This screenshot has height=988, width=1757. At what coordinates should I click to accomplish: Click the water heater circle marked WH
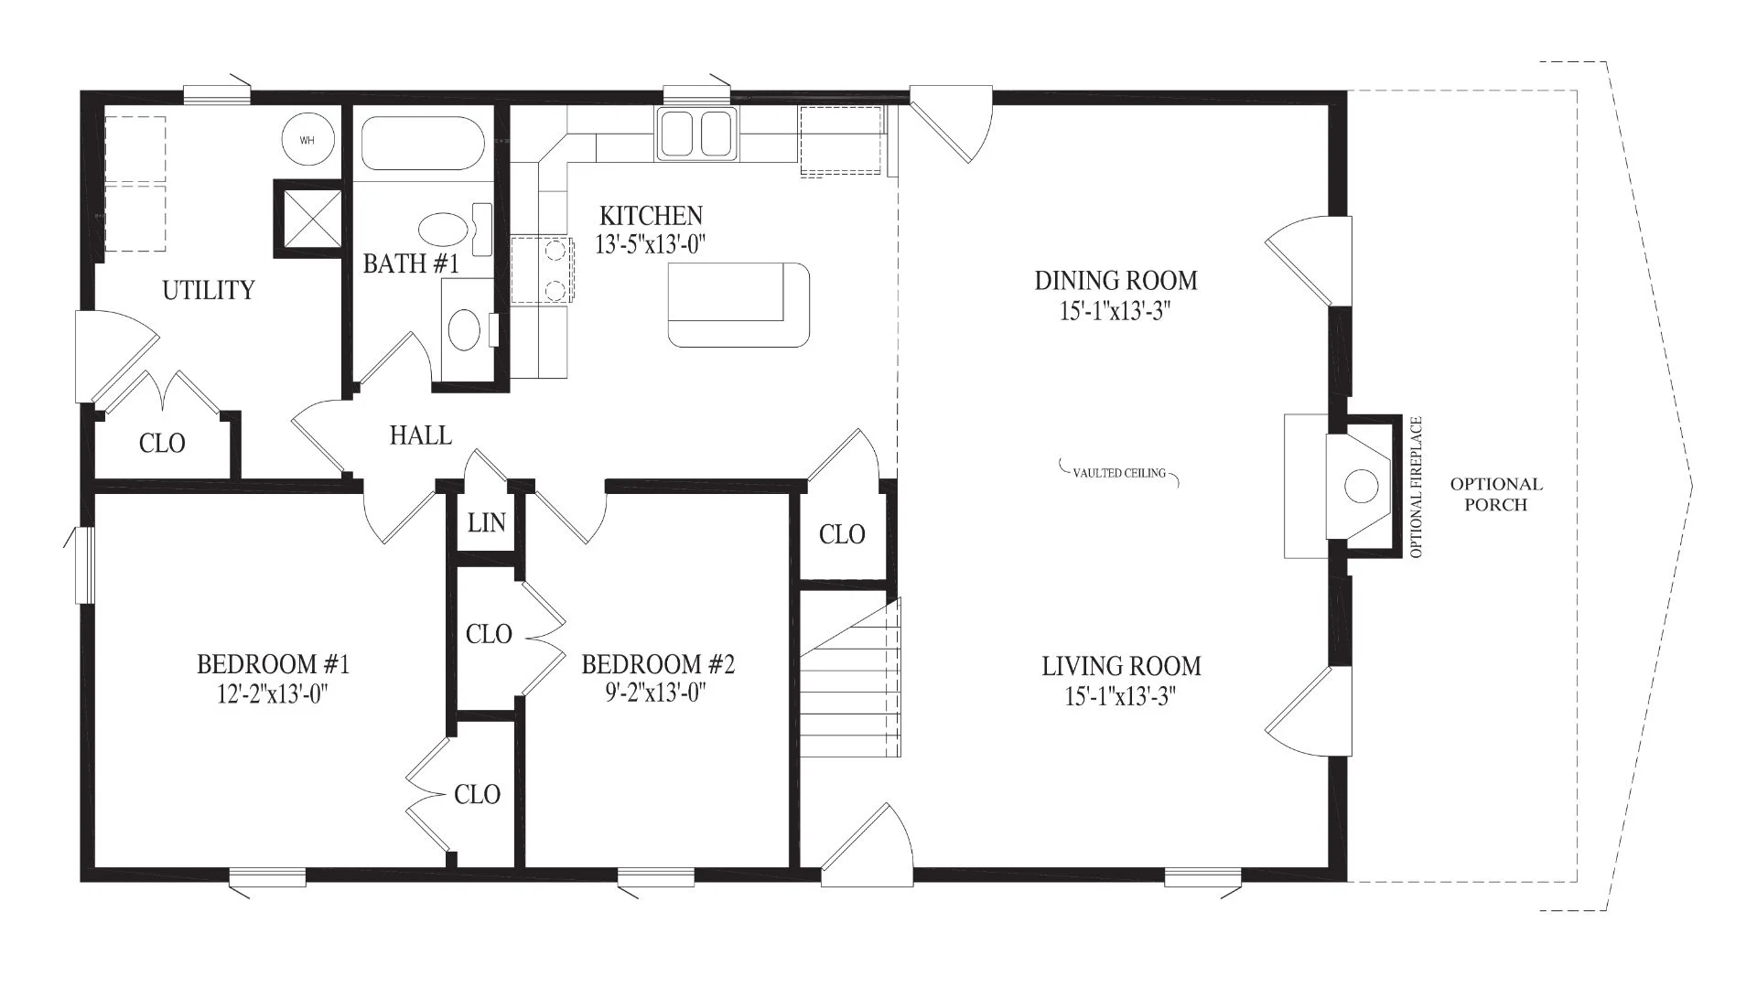coord(307,140)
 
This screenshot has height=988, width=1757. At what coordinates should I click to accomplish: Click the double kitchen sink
coord(696,134)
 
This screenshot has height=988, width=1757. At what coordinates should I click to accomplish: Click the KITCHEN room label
coord(651,216)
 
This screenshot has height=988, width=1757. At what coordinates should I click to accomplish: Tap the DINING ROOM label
coord(1116,280)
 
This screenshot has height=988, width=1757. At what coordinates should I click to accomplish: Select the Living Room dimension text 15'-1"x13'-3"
coord(1120,696)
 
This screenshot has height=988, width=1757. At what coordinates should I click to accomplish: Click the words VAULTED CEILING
coord(1119,473)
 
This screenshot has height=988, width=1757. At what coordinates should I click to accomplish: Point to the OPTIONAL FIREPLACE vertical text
coord(1417,488)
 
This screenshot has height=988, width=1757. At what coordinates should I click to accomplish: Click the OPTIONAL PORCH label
coord(1496,494)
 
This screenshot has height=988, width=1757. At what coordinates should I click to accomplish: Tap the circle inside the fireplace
coord(1362,486)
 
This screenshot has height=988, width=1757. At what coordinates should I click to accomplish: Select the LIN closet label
coord(486,522)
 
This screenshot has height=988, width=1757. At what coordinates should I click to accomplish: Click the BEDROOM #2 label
coord(658,664)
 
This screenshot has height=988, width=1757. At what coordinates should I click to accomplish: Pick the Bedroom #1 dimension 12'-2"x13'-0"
coord(273,694)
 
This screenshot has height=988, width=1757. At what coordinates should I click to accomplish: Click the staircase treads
coord(851,677)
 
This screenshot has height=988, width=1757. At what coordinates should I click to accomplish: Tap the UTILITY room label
coord(209,290)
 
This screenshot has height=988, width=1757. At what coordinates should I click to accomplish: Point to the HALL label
coord(421,435)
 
